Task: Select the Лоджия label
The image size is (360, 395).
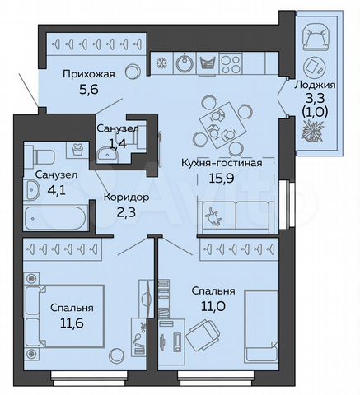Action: coord(315,85)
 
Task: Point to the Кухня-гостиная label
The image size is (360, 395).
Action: coord(222,161)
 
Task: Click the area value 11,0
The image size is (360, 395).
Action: coord(214,309)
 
